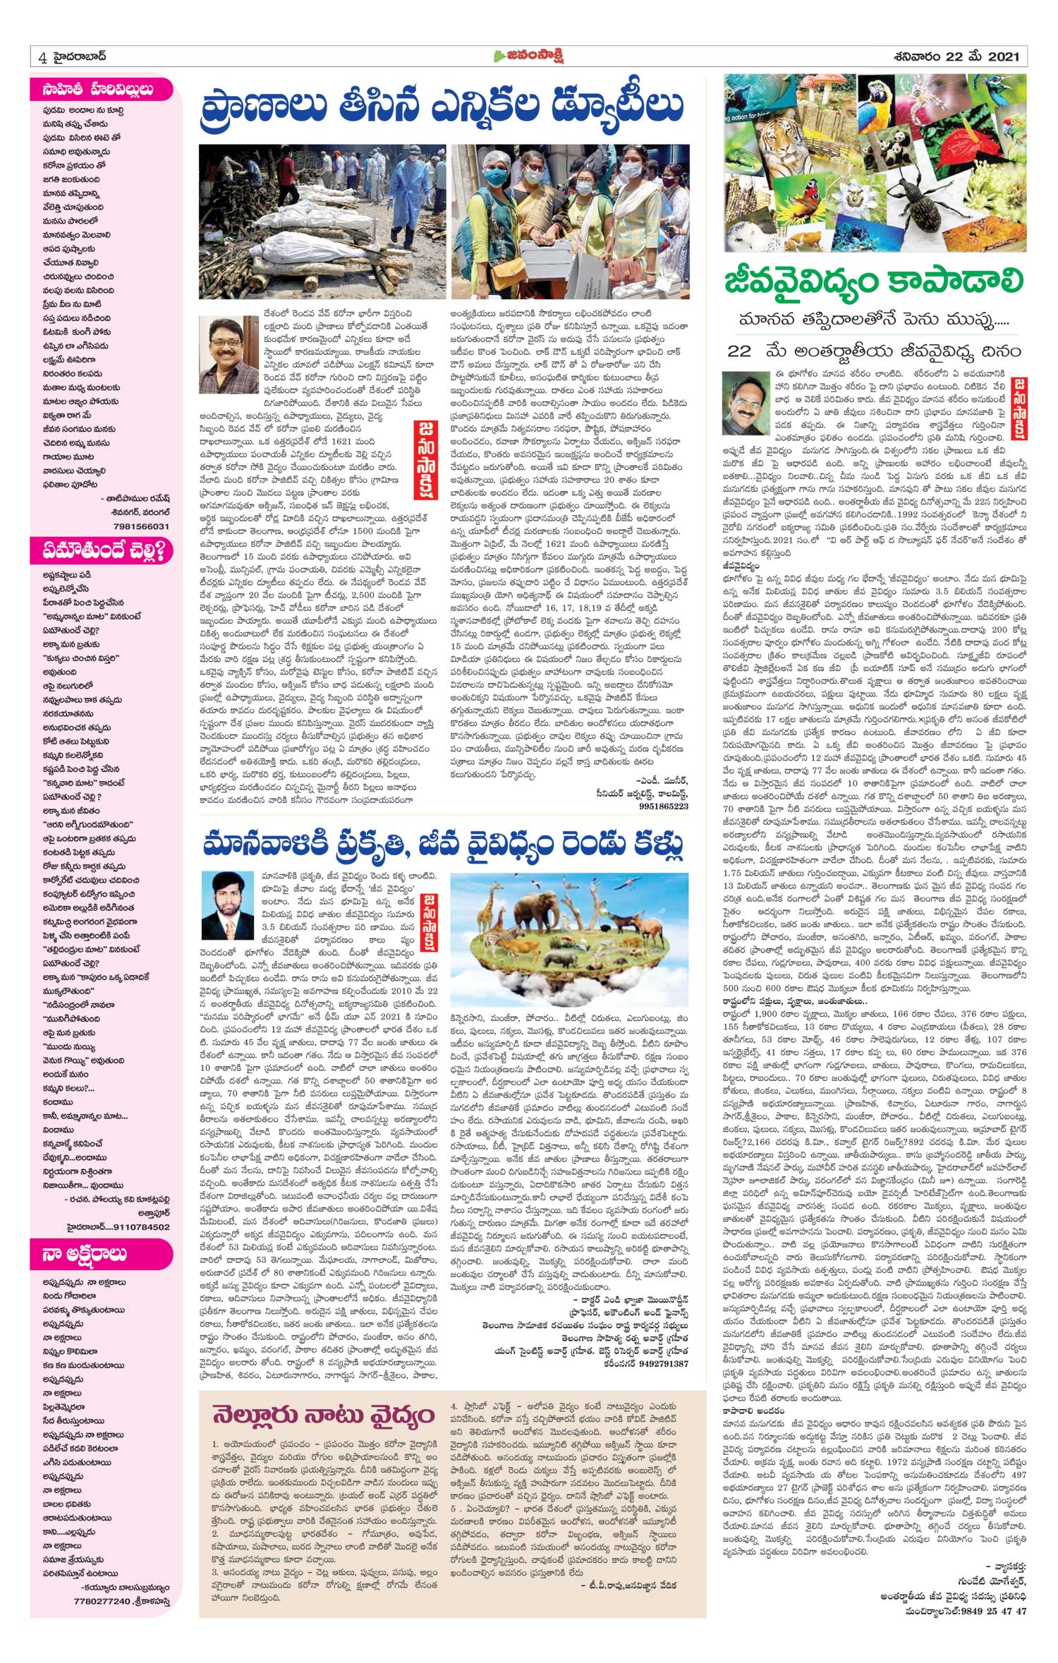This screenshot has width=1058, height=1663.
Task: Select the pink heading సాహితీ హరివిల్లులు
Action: click(92, 90)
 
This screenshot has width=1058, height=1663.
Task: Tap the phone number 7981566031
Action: click(141, 526)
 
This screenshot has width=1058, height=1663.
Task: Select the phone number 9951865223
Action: click(662, 806)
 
